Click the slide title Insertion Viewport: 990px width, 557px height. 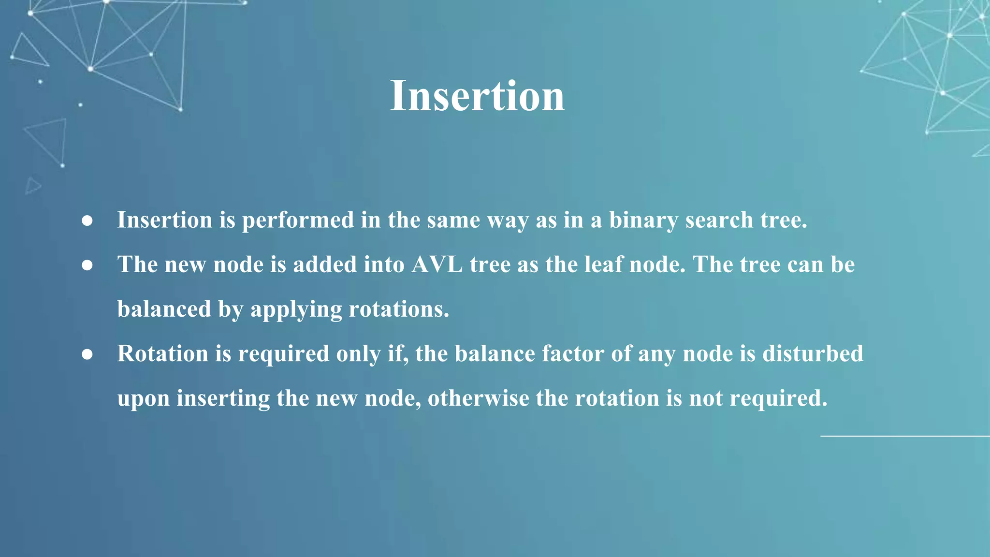click(477, 96)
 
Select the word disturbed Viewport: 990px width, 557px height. click(813, 353)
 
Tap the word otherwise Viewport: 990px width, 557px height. click(478, 398)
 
